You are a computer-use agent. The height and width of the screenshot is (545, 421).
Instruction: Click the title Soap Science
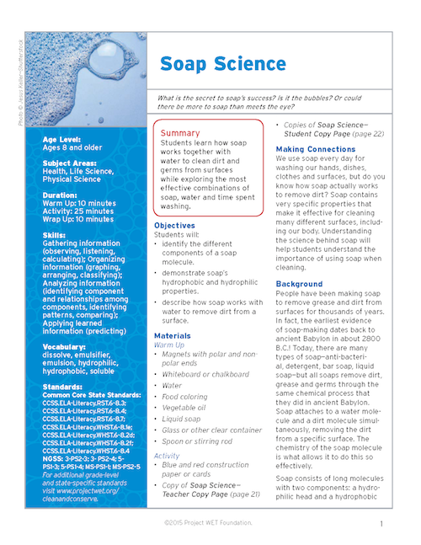[x=210, y=65]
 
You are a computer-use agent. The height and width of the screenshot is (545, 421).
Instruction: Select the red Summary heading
[x=180, y=133]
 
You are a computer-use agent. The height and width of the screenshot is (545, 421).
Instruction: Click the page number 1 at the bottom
[x=381, y=523]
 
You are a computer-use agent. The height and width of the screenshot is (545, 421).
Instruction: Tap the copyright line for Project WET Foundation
[x=210, y=523]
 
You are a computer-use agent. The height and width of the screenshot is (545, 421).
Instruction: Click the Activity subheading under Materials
[x=168, y=456]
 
